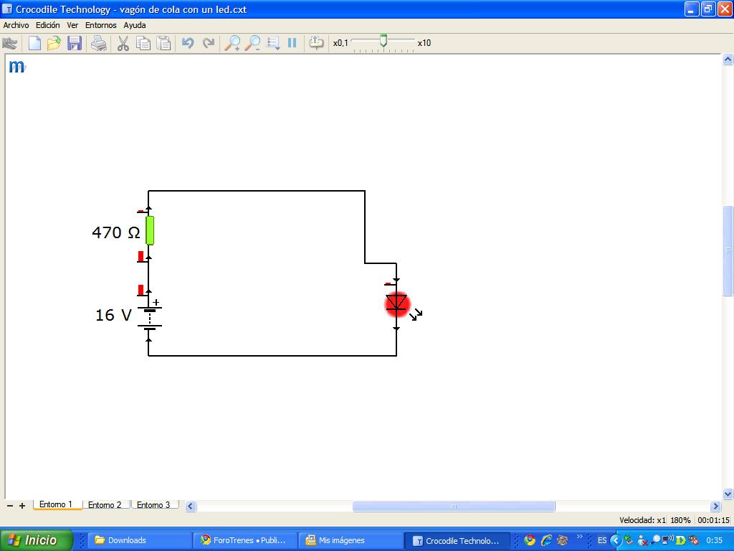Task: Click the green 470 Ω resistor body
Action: point(150,230)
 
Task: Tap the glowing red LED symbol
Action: point(397,304)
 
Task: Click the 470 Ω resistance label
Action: point(115,232)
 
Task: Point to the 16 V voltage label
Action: point(113,315)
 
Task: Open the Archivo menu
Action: point(16,25)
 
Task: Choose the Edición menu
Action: point(48,25)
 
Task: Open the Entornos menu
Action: point(100,25)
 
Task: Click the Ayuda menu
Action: point(134,25)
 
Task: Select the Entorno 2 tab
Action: point(105,504)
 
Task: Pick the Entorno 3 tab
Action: point(153,504)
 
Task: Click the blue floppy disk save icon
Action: point(75,43)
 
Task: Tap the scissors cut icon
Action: point(123,43)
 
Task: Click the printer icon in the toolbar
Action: point(99,44)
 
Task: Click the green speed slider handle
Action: point(383,41)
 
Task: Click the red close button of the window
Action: point(724,9)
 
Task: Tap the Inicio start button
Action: point(37,540)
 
